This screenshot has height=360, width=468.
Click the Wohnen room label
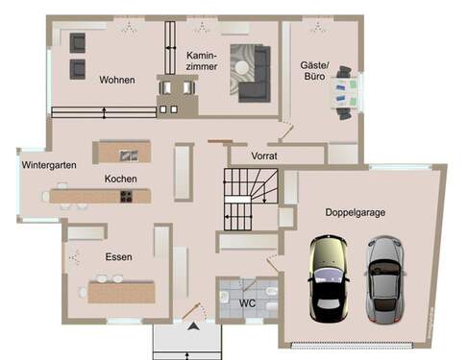coord(116,80)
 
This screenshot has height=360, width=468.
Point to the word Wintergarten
coord(49,165)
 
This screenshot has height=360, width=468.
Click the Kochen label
coord(121,180)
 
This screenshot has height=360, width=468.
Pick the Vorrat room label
coord(265,155)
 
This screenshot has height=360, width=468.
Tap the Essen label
coord(119,257)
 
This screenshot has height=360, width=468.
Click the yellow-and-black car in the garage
coord(325,279)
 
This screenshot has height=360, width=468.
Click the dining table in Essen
coord(121,290)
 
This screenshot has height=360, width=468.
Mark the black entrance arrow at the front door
coord(193,329)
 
